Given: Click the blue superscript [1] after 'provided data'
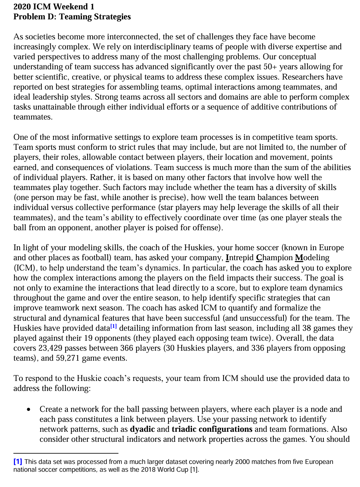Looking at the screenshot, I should pos(113,326).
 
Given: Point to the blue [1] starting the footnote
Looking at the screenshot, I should pos(18,462).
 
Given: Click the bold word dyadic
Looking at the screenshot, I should pos(142,429).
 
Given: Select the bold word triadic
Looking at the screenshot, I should pos(185,429).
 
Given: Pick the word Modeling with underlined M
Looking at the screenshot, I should pos(312,258).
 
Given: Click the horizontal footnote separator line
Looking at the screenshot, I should pos(66,453).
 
